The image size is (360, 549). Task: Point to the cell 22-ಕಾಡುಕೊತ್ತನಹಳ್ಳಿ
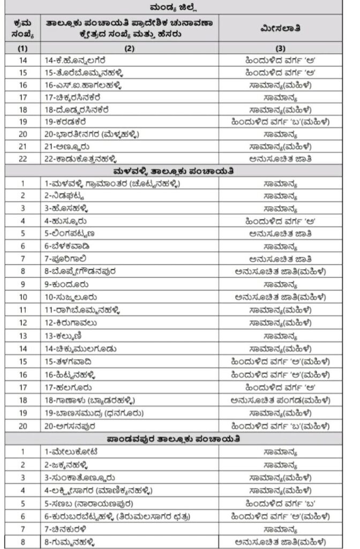pyautogui.click(x=81, y=159)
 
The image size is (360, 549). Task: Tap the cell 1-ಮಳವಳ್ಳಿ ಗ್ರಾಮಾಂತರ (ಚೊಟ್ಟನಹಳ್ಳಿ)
pyautogui.click(x=112, y=183)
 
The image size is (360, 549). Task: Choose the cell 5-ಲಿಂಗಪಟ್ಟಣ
pyautogui.click(x=70, y=234)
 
